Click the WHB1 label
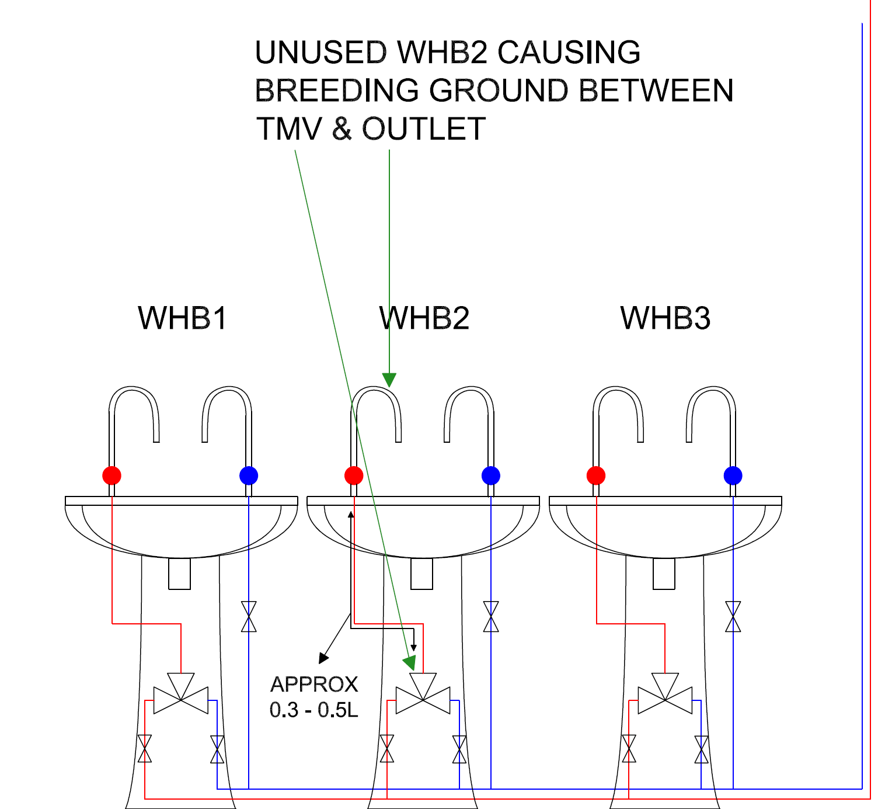click(182, 318)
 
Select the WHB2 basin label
click(424, 318)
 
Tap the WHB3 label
click(666, 318)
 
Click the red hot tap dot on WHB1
click(112, 475)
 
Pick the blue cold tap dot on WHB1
click(249, 475)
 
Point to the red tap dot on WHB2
click(354, 475)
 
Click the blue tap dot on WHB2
click(491, 475)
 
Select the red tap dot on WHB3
click(596, 475)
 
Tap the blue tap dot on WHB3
click(733, 475)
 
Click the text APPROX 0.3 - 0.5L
click(314, 697)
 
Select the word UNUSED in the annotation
click(320, 53)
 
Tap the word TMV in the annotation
click(289, 129)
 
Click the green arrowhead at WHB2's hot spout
click(389, 380)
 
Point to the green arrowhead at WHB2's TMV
click(410, 662)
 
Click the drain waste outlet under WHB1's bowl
click(180, 574)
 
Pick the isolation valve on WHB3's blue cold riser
click(733, 617)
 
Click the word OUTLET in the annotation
click(424, 129)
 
